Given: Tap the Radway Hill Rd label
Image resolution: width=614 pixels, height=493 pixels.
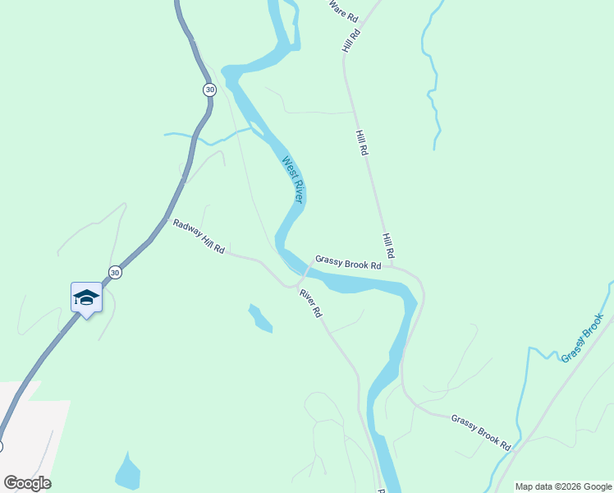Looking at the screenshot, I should tap(199, 236).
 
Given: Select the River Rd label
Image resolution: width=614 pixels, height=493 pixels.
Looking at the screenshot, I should tap(310, 303).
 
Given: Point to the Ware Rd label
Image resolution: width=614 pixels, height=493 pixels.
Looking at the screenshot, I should tap(344, 11).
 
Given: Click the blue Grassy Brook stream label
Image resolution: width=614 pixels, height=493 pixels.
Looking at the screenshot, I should tap(582, 338).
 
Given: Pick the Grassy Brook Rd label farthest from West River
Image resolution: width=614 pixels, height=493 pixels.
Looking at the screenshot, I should tap(481, 431).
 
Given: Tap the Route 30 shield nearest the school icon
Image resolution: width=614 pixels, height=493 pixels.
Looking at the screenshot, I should tap(116, 272).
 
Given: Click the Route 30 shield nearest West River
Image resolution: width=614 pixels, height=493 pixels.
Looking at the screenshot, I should tap(210, 89).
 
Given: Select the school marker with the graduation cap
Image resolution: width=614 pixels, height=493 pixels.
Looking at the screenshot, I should tap(86, 297).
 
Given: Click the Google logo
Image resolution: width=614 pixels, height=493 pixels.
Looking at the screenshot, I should tap(27, 483).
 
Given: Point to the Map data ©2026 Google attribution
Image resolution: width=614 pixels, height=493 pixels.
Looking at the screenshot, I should tap(562, 486).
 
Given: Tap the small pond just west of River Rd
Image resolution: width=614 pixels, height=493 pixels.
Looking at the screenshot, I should tap(260, 319).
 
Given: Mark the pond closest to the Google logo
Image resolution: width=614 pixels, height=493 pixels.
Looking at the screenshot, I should tap(127, 472).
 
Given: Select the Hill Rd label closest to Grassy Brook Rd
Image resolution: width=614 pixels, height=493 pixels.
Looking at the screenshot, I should tap(388, 244).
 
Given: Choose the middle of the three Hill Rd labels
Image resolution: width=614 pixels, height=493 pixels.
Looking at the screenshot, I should tap(362, 143).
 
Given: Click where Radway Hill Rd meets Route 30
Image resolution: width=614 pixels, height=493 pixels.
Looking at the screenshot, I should tap(164, 219).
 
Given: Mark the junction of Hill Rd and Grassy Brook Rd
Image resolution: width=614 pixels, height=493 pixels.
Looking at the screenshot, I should tap(393, 265).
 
